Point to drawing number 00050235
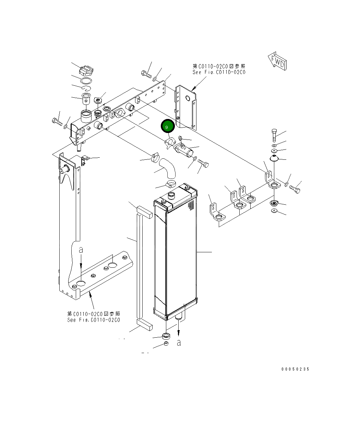tap(295, 369)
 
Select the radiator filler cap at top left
tap(85, 72)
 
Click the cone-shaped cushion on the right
tap(274, 158)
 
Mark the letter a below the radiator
tap(179, 342)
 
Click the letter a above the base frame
tap(81, 250)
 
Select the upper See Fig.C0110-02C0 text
tap(219, 72)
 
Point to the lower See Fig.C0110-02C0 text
tap(94, 320)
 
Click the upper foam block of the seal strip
tap(144, 213)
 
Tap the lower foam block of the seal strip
tap(144, 324)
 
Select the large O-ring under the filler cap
tap(86, 81)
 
